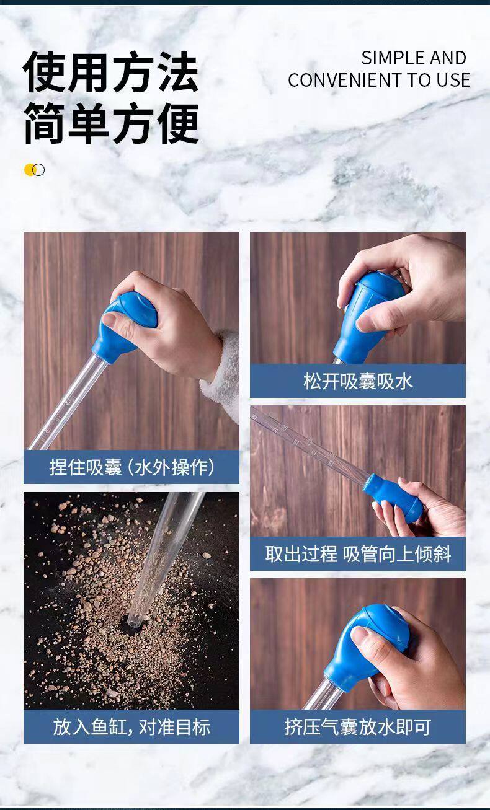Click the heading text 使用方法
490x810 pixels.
tap(111, 72)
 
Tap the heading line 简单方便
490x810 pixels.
tap(112, 123)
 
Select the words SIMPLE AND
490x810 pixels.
tap(414, 58)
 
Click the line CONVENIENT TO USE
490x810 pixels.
tap(379, 80)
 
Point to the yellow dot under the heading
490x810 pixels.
tap(29, 170)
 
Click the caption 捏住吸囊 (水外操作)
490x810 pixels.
tap(131, 467)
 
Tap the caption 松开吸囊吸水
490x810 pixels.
tap(357, 381)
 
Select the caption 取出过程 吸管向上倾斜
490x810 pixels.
tap(357, 554)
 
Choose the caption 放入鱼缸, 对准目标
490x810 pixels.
tap(131, 727)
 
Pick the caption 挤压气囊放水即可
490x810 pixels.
tap(357, 727)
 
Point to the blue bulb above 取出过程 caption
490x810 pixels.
tap(393, 498)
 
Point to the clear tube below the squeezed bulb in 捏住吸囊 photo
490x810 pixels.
tap(67, 402)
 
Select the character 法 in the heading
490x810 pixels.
tap(177, 72)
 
